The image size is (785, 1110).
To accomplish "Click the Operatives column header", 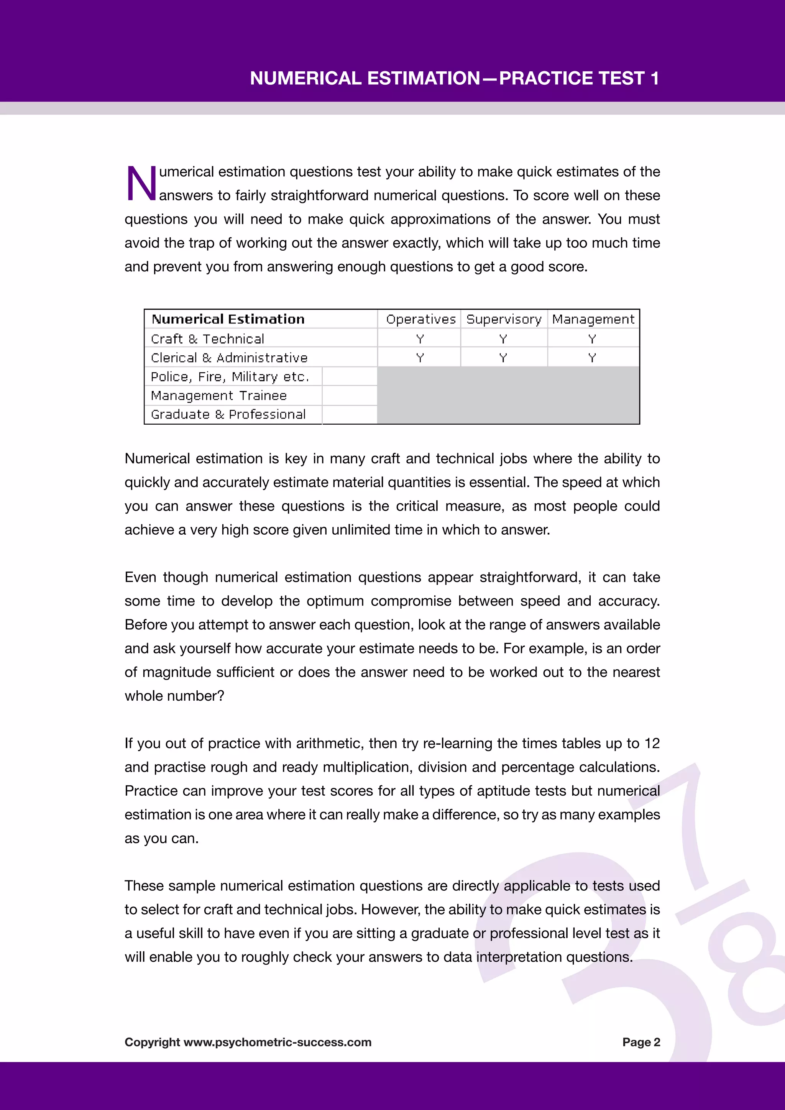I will click(x=420, y=319).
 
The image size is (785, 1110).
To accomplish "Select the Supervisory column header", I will click(x=504, y=319).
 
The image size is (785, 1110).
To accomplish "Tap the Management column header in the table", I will click(x=593, y=319).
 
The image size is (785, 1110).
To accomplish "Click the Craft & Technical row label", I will click(x=207, y=338).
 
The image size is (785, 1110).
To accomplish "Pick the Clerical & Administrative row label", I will click(x=229, y=358).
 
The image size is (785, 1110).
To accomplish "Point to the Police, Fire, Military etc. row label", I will click(x=230, y=377).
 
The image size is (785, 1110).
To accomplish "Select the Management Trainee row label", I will click(x=218, y=396).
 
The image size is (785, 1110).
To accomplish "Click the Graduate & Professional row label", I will click(x=228, y=414).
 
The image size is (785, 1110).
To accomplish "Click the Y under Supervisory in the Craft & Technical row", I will click(x=503, y=339).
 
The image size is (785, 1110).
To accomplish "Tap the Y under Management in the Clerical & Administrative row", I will click(x=592, y=358).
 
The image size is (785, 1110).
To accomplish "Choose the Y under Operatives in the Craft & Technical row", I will click(x=420, y=339).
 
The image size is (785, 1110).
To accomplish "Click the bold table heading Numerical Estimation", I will click(x=228, y=319).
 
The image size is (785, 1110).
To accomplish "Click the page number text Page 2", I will click(x=641, y=1042).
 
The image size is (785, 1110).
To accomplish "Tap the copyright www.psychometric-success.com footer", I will click(x=248, y=1042).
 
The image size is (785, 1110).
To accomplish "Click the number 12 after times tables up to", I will click(x=652, y=743).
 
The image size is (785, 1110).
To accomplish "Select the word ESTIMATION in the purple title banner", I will click(x=424, y=78).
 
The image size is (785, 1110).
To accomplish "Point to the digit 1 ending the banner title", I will click(x=655, y=78).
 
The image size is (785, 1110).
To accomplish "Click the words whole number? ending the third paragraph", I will click(x=174, y=696).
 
